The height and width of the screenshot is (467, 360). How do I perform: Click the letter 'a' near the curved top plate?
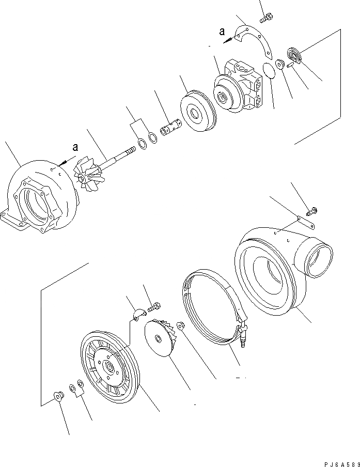coord(222,32)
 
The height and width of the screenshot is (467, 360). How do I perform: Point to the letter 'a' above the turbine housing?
coord(75,147)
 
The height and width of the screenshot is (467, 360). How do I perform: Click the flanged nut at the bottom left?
coord(57,397)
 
